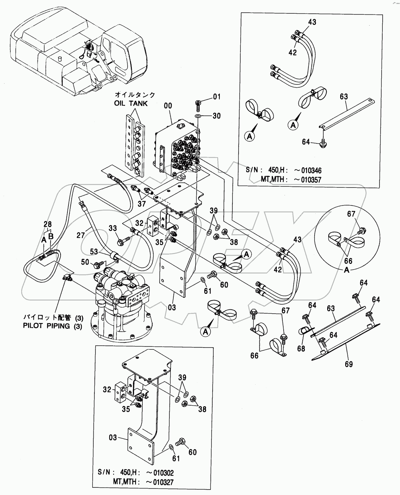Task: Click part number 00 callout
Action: [x=168, y=106]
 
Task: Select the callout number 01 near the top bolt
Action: [x=216, y=96]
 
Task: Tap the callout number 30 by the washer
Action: [x=216, y=116]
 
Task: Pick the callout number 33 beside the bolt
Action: [x=113, y=228]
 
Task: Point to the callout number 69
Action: [x=348, y=364]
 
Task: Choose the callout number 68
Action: [x=301, y=348]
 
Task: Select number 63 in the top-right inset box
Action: [x=343, y=96]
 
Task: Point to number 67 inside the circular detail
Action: [x=351, y=214]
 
